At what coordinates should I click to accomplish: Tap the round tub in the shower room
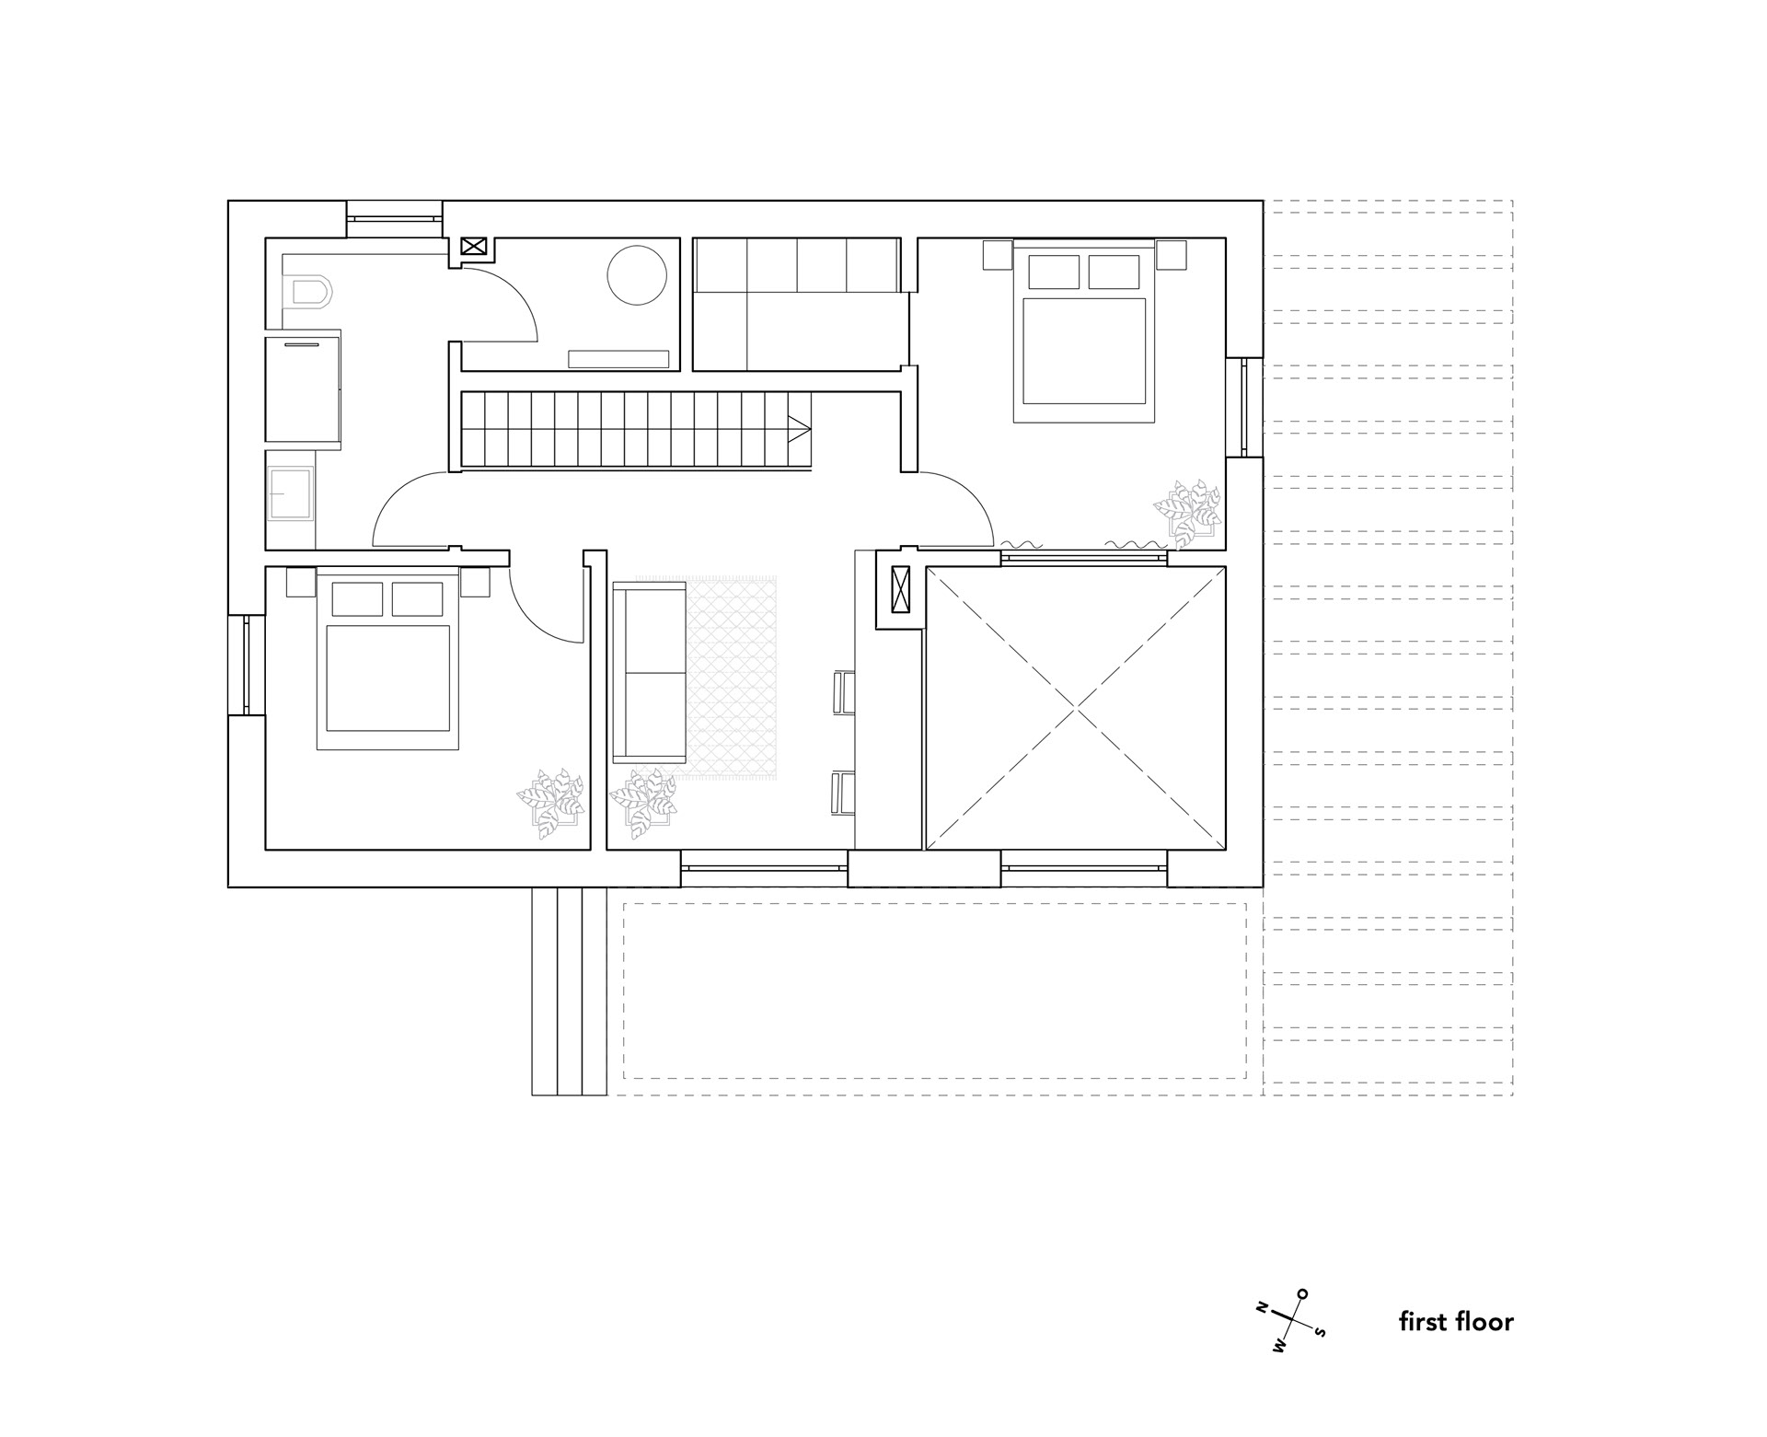[636, 274]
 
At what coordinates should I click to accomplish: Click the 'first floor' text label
[1456, 1323]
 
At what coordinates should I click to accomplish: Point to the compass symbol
[1290, 1319]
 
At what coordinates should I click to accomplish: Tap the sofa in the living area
[649, 671]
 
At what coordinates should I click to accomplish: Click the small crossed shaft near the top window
[473, 246]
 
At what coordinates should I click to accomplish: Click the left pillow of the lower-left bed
[357, 599]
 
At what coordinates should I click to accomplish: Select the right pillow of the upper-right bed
[1114, 272]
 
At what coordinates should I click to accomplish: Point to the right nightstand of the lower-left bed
[475, 583]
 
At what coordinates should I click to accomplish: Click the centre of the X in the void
[1076, 707]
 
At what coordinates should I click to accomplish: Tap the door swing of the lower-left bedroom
[543, 603]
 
